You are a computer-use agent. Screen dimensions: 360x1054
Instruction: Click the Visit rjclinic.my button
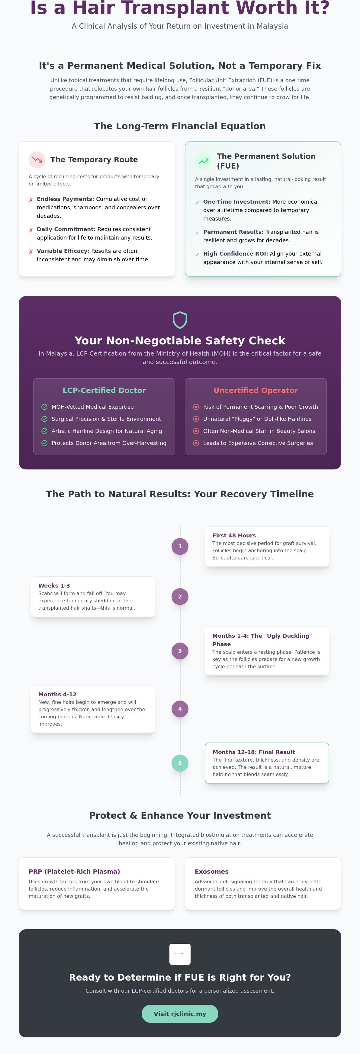[180, 1014]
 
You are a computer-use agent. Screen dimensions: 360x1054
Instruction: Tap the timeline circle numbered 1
[180, 546]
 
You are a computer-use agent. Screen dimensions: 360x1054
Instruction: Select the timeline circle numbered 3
[180, 651]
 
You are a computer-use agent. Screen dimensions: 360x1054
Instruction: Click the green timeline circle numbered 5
[180, 763]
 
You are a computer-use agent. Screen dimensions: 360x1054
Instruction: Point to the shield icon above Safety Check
[180, 320]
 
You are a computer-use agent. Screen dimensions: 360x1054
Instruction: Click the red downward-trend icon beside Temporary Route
[37, 160]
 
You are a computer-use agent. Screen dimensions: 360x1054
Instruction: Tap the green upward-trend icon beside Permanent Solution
[203, 161]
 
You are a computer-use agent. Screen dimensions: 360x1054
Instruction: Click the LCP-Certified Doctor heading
[104, 390]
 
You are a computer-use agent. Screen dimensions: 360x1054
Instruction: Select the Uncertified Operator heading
[256, 390]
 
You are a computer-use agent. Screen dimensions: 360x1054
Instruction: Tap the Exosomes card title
[211, 872]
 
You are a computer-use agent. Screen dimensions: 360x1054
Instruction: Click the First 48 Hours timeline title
[234, 535]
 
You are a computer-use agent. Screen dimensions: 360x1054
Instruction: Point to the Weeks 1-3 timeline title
[54, 585]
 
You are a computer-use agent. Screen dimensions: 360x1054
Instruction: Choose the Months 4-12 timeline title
[57, 694]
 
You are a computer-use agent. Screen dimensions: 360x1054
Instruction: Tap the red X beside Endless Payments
[31, 200]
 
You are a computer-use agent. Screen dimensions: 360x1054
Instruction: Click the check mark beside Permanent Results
[197, 233]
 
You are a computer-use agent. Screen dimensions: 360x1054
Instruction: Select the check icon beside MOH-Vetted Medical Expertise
[44, 407]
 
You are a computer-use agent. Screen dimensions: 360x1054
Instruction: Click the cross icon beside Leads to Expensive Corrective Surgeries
[196, 443]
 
